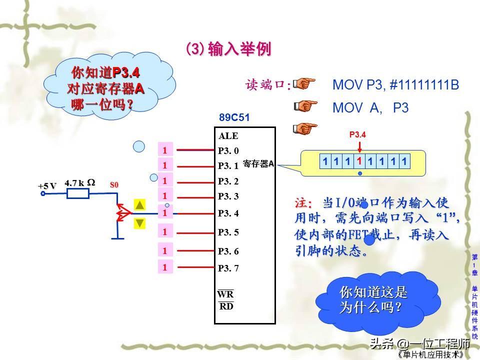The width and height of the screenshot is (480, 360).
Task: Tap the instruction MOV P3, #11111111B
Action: pyautogui.click(x=395, y=85)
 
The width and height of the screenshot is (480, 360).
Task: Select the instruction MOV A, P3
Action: pyautogui.click(x=370, y=108)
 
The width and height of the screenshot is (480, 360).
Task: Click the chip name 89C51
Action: pyautogui.click(x=234, y=117)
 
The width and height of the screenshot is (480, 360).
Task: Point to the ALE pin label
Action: pyautogui.click(x=228, y=136)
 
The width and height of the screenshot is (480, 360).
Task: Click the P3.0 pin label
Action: pyautogui.click(x=228, y=150)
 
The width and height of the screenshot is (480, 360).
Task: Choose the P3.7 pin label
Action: pyautogui.click(x=228, y=268)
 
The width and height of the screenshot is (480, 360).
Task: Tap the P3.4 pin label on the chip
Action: pyautogui.click(x=228, y=213)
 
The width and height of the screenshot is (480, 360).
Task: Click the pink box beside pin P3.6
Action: pyautogui.click(x=165, y=250)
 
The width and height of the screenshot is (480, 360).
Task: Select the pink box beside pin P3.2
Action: pyautogui.click(x=165, y=180)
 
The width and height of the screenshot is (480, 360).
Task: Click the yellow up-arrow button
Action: pyautogui.click(x=139, y=205)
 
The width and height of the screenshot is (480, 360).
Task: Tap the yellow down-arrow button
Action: pyautogui.click(x=139, y=223)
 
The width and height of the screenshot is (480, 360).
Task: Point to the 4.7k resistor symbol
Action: pyautogui.click(x=78, y=193)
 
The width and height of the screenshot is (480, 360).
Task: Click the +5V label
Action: pyautogui.click(x=47, y=186)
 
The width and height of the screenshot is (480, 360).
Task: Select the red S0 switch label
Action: pyautogui.click(x=114, y=184)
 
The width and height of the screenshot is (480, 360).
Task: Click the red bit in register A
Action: pyautogui.click(x=359, y=161)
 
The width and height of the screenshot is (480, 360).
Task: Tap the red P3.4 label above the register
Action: pyautogui.click(x=357, y=134)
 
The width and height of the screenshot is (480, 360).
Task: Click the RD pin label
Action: pyautogui.click(x=226, y=306)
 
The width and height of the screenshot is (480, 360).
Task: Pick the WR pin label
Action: pyautogui.click(x=225, y=294)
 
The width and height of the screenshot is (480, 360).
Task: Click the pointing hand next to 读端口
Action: pyautogui.click(x=304, y=83)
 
